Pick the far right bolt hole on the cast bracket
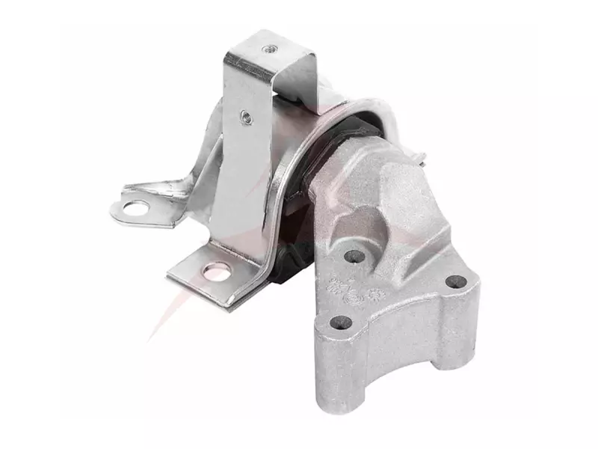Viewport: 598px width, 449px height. click(455, 284)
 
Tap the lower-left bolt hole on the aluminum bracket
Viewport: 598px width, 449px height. click(343, 323)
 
